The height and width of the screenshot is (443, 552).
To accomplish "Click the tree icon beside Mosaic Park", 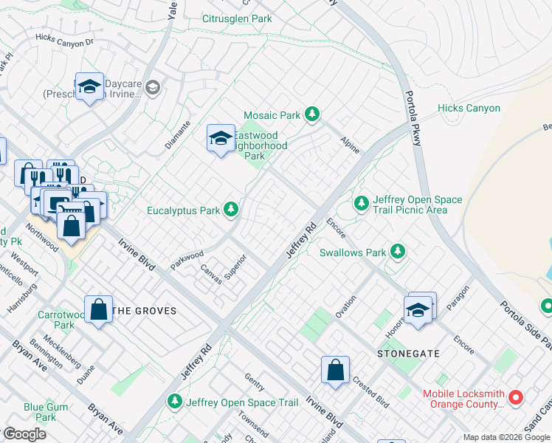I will pyautogui.click(x=312, y=114).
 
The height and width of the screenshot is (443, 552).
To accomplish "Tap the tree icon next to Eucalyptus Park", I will pyautogui.click(x=231, y=210).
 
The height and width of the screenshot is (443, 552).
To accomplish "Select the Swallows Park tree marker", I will pyautogui.click(x=398, y=253).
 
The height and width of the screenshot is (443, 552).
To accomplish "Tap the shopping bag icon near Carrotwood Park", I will pyautogui.click(x=99, y=309).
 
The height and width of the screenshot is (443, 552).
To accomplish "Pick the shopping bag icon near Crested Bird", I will pyautogui.click(x=335, y=371).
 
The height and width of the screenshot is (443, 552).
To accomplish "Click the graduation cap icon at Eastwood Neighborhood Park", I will pyautogui.click(x=220, y=138).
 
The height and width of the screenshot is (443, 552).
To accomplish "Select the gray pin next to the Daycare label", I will pyautogui.click(x=153, y=89).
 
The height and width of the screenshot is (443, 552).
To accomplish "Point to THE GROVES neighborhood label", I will pyautogui.click(x=143, y=311).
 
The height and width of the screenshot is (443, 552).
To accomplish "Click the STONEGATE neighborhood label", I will pyautogui.click(x=409, y=354).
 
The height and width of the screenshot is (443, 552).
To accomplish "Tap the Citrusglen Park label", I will pyautogui.click(x=237, y=19).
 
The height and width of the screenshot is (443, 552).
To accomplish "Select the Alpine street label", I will pyautogui.click(x=350, y=145).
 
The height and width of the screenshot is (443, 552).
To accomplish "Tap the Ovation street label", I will pyautogui.click(x=345, y=306).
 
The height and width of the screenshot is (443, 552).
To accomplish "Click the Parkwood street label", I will pyautogui.click(x=187, y=260).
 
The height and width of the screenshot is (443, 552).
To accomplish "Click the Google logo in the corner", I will pyautogui.click(x=24, y=434).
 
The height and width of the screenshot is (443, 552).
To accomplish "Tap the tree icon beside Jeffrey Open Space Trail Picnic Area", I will pyautogui.click(x=361, y=202).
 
